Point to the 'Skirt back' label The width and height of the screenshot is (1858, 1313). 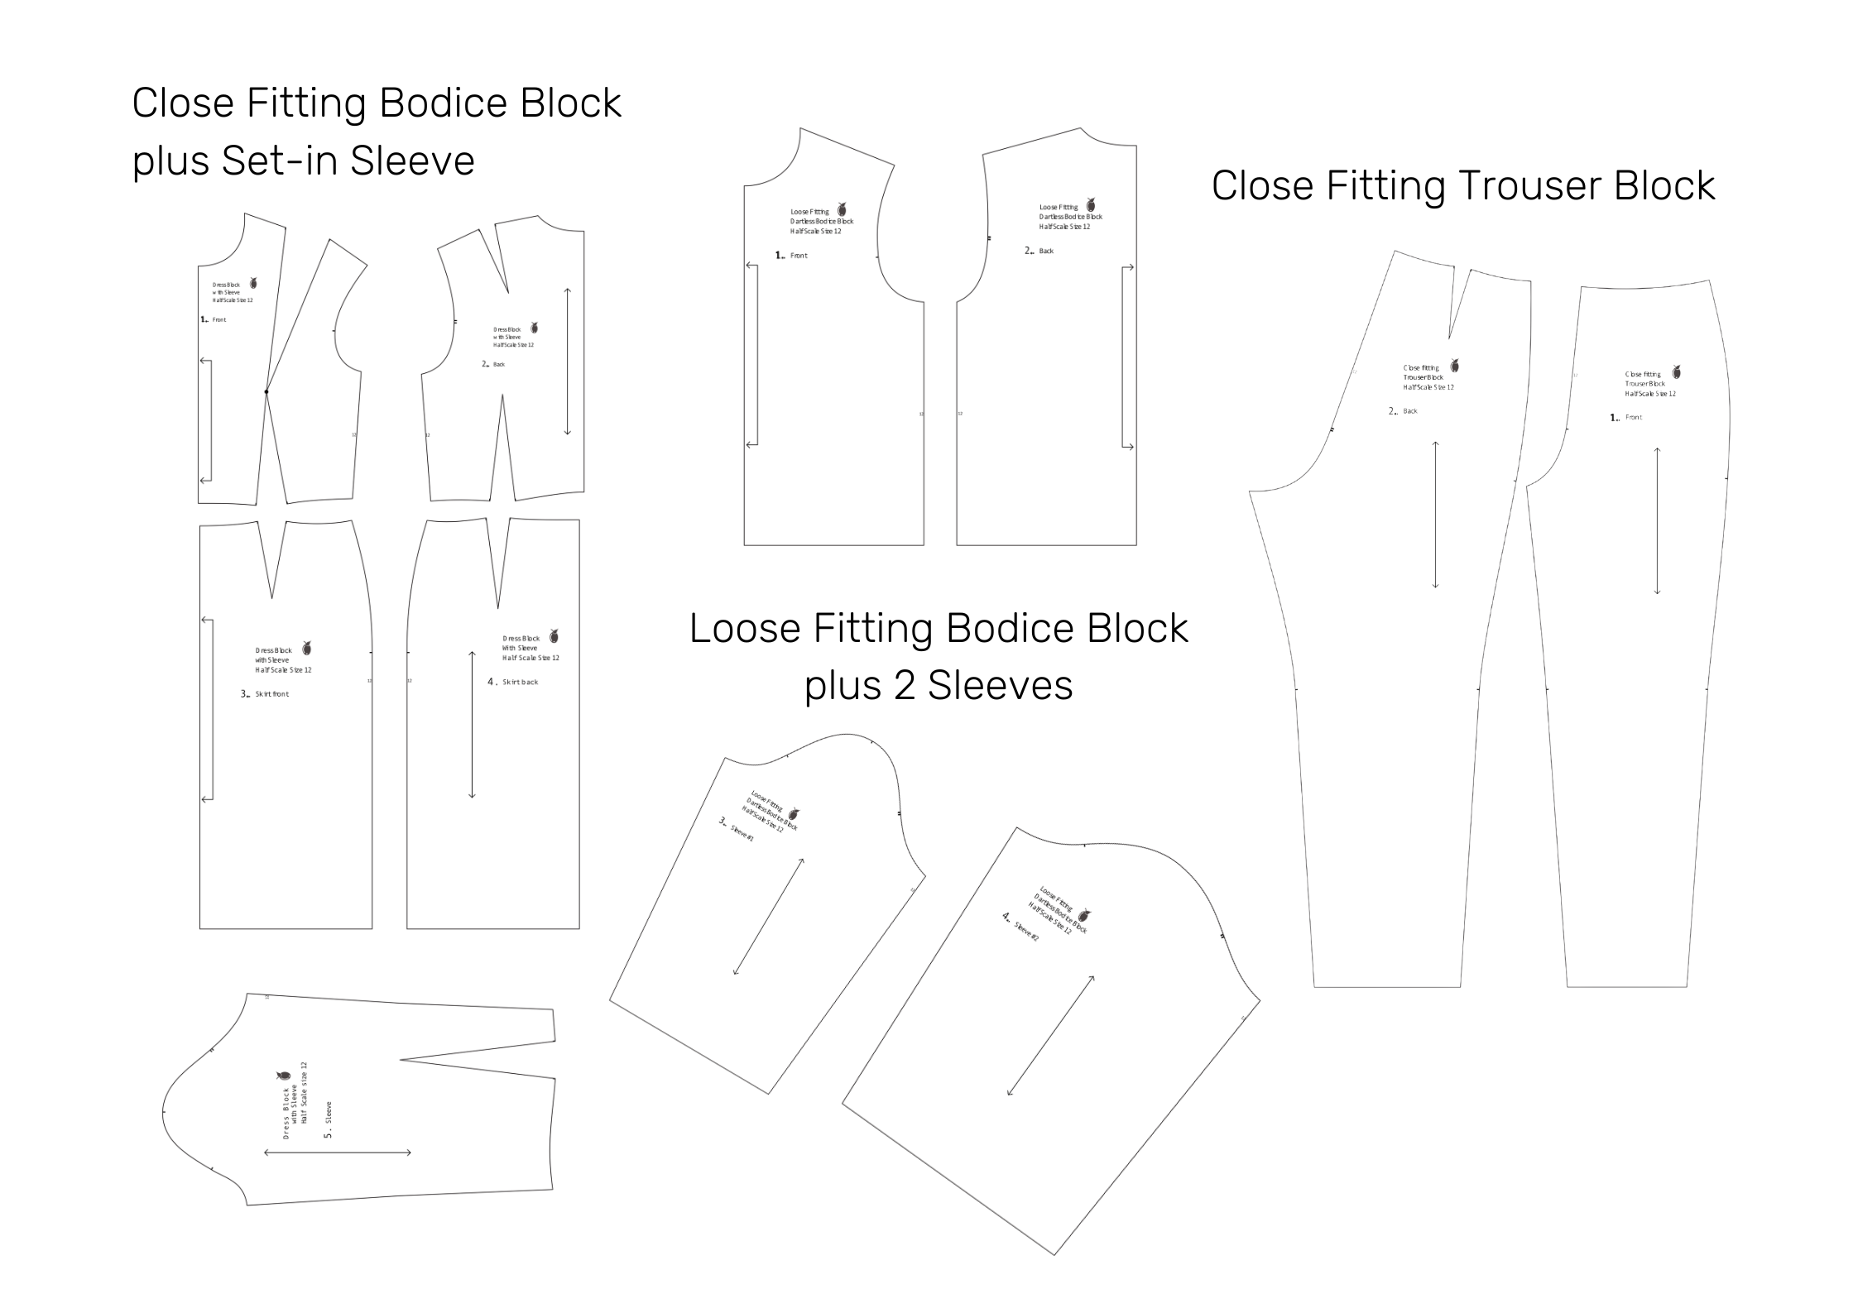point(520,683)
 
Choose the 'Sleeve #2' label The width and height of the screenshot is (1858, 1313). point(1026,932)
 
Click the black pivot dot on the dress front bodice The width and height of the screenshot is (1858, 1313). point(266,391)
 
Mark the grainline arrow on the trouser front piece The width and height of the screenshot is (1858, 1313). point(1657,520)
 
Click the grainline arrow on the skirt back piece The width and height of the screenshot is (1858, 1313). point(472,725)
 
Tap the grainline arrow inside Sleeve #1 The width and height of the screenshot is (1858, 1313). point(769,917)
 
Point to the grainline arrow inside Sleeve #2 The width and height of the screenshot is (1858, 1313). point(1050,1035)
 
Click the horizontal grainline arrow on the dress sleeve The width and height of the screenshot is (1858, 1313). point(338,1152)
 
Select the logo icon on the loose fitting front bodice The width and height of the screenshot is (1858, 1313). point(842,209)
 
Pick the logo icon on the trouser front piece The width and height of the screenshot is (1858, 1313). point(1677,371)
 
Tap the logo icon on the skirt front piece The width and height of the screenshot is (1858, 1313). point(306,647)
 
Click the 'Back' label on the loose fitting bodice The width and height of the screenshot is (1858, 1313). point(1046,252)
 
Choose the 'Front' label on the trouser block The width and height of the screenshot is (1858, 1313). point(1633,418)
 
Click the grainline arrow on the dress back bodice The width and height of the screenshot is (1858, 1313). point(567,361)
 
